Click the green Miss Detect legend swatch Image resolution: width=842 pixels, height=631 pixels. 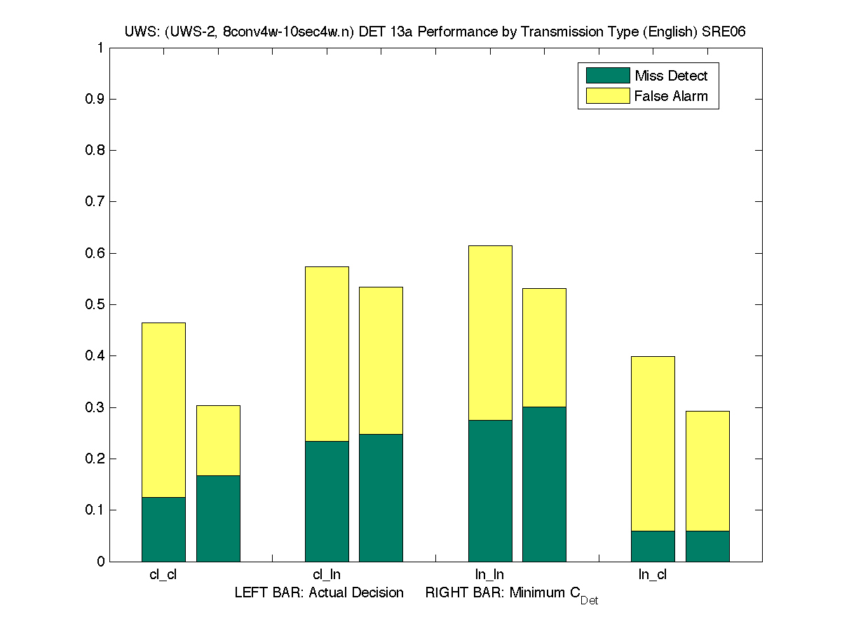point(604,76)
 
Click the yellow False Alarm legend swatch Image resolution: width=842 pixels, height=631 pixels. point(604,96)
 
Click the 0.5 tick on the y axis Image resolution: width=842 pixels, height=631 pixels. point(95,305)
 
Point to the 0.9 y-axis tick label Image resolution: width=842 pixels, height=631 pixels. point(95,100)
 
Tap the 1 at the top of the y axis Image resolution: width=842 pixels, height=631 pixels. point(100,48)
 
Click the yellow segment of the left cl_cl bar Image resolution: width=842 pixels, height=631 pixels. point(163,410)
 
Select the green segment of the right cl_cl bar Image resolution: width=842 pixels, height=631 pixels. point(218,518)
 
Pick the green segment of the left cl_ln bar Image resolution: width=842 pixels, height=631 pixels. point(327,501)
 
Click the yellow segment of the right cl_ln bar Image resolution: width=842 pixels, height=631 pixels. point(381,360)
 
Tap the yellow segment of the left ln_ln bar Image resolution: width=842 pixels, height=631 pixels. point(490,333)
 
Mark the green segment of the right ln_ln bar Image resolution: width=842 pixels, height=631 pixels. point(544,484)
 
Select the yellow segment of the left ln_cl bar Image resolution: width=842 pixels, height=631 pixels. point(653,443)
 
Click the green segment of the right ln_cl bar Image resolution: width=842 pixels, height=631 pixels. point(707,546)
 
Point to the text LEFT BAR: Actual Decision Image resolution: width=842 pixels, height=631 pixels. point(319,593)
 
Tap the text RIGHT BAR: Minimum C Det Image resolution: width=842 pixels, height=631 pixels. point(512,595)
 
